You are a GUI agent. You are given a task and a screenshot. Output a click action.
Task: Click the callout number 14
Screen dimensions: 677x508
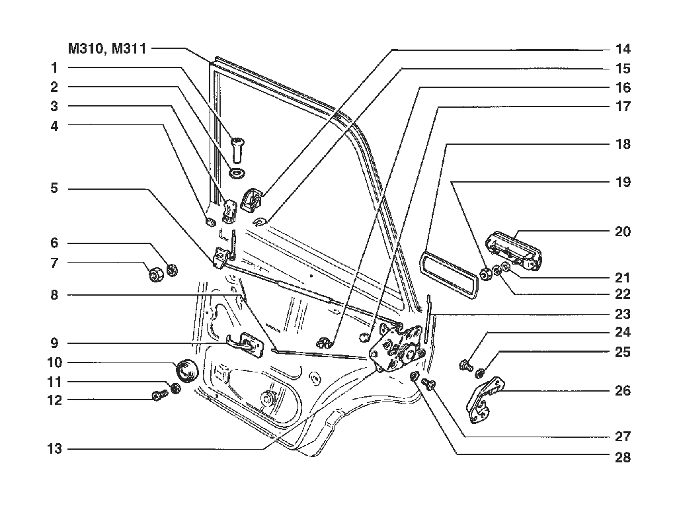[623, 49]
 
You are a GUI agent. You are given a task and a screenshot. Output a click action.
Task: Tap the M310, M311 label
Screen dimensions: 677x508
[107, 48]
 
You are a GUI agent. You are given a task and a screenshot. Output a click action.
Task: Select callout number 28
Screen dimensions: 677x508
[623, 457]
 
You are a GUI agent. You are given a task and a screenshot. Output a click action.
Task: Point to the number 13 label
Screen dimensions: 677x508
[55, 449]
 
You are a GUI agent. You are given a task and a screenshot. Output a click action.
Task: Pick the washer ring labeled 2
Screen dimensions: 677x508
[237, 173]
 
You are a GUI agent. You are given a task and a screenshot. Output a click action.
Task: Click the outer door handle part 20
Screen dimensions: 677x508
[514, 251]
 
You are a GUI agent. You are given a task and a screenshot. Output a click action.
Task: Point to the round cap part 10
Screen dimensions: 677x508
[186, 371]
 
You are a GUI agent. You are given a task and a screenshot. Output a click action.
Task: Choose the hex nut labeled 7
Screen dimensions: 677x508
[156, 275]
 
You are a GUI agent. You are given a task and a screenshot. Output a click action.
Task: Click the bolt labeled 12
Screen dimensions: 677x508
[159, 396]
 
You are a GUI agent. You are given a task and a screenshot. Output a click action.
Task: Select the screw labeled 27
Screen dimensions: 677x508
[428, 384]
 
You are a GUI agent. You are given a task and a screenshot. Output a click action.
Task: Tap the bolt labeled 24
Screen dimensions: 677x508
[465, 365]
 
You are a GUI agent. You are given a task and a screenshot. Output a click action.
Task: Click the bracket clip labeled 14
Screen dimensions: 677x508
[253, 199]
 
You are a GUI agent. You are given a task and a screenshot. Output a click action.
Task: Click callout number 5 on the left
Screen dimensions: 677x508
[54, 189]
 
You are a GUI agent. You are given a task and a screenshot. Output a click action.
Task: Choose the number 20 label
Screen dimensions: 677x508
[623, 232]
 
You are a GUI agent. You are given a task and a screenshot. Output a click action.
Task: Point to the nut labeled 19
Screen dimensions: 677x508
[485, 273]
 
